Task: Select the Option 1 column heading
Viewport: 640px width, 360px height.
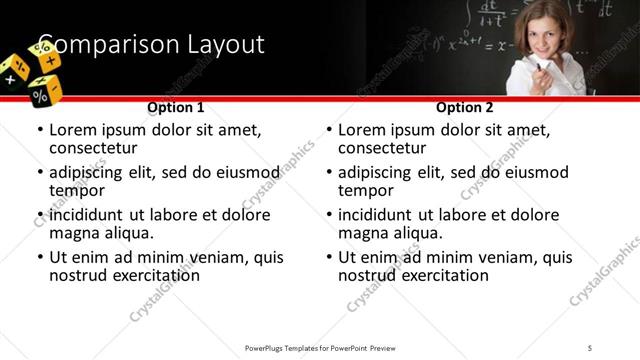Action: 175,107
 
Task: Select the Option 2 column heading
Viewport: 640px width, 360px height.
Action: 465,107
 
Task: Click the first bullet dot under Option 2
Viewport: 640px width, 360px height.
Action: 329,131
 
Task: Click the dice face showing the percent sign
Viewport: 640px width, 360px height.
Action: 40,95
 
